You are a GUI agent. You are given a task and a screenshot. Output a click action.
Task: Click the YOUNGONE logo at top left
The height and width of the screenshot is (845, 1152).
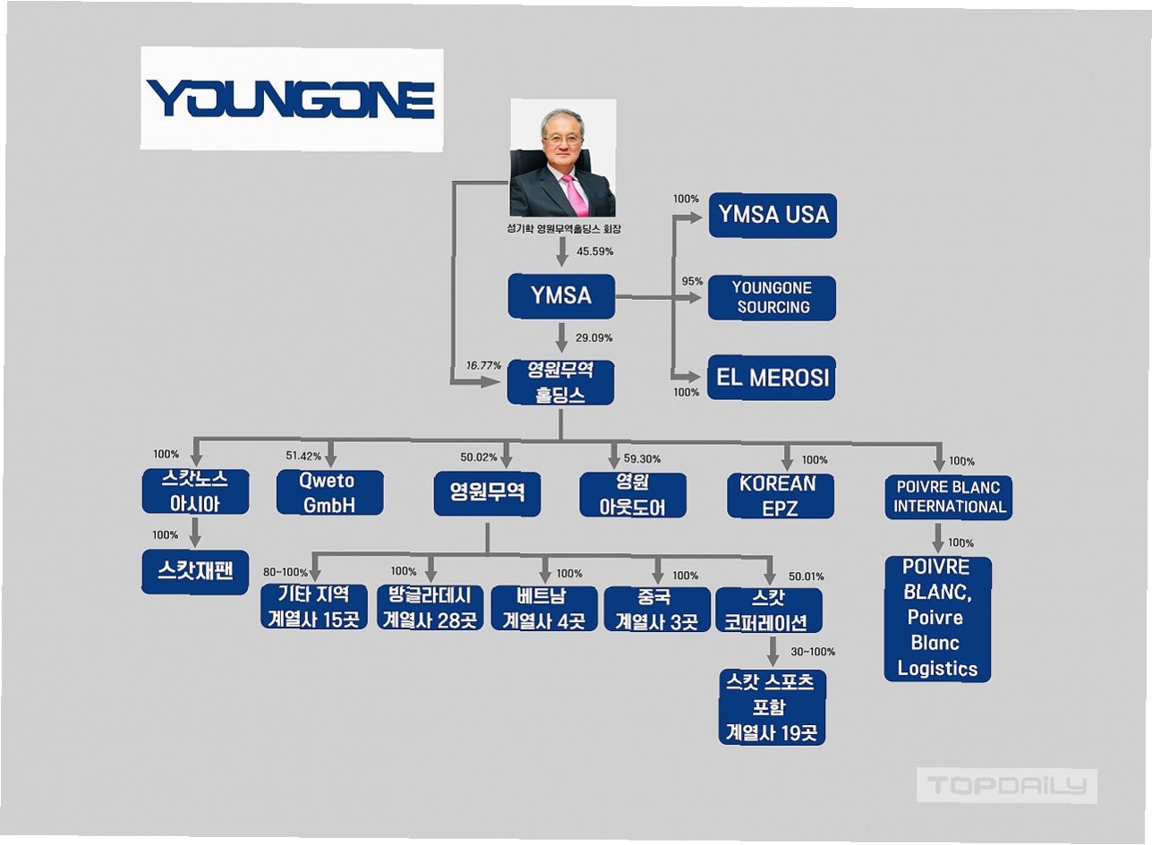[x=291, y=98]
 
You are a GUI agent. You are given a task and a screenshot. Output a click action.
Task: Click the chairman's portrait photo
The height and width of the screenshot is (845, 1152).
[x=562, y=158]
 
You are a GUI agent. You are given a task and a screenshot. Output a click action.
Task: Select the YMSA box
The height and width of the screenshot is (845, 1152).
[x=561, y=295]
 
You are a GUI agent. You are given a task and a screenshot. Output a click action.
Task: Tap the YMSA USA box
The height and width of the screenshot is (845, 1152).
[x=772, y=215]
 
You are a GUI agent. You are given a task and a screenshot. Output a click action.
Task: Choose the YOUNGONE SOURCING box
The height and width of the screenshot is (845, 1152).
[x=772, y=297]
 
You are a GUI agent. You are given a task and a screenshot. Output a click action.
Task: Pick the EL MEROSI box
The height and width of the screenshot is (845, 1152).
[x=772, y=379]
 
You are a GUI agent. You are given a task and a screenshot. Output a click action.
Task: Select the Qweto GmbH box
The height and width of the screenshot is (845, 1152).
[x=329, y=493]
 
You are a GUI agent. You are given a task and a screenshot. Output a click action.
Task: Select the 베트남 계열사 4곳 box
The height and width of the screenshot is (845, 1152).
[x=544, y=608]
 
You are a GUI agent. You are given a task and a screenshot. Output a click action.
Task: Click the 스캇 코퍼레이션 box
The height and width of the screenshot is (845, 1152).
[x=769, y=610]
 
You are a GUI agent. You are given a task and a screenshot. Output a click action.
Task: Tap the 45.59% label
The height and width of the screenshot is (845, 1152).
[x=595, y=252]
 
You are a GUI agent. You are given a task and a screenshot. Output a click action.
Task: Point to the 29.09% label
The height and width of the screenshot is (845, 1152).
[x=595, y=338]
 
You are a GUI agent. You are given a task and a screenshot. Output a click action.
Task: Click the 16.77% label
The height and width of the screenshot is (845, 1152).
[x=484, y=365]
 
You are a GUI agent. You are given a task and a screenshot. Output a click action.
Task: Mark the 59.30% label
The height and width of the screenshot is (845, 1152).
[x=642, y=459]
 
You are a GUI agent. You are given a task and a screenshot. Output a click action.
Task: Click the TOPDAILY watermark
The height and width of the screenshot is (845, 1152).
[x=1007, y=786]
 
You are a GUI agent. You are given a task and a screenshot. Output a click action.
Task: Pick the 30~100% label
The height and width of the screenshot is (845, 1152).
[x=813, y=652]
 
